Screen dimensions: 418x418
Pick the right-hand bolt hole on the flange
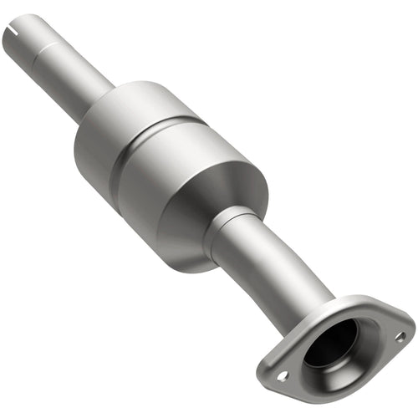tap(399, 336)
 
